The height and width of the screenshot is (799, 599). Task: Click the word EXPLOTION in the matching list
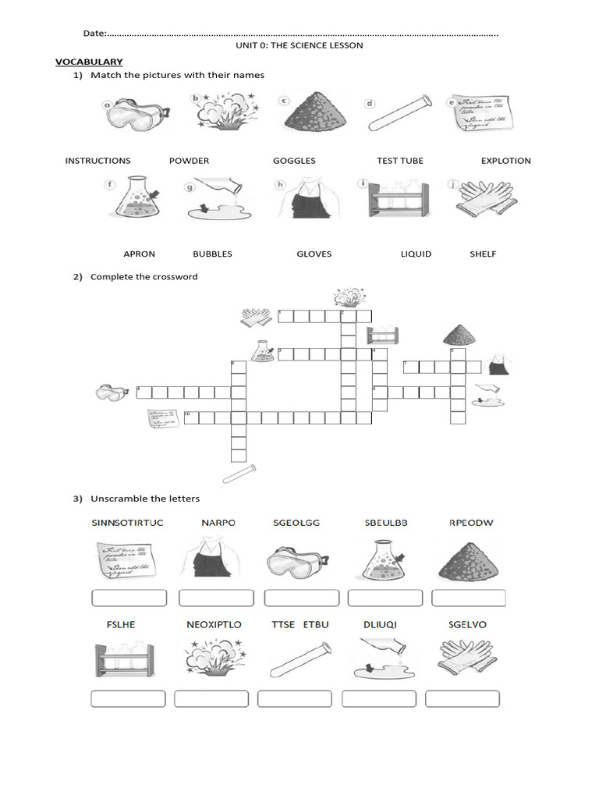(x=505, y=161)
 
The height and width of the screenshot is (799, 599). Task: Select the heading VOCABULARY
(x=88, y=62)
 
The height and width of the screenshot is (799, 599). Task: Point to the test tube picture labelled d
(x=399, y=113)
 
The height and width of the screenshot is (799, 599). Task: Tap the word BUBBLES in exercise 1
(x=212, y=254)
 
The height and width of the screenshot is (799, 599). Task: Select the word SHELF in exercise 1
(x=483, y=254)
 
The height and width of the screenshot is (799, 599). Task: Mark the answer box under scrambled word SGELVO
(x=463, y=698)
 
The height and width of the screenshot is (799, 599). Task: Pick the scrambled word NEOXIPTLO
(x=214, y=625)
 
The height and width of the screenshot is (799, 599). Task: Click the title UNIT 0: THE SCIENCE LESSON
(x=299, y=46)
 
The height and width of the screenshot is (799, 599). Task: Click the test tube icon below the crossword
(x=239, y=472)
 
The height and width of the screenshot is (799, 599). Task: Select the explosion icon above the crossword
(x=347, y=297)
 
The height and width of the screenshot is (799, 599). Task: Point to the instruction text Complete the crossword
(x=144, y=277)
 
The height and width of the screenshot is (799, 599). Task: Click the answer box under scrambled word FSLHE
(x=128, y=698)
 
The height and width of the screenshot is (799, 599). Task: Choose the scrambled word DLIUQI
(x=381, y=625)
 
